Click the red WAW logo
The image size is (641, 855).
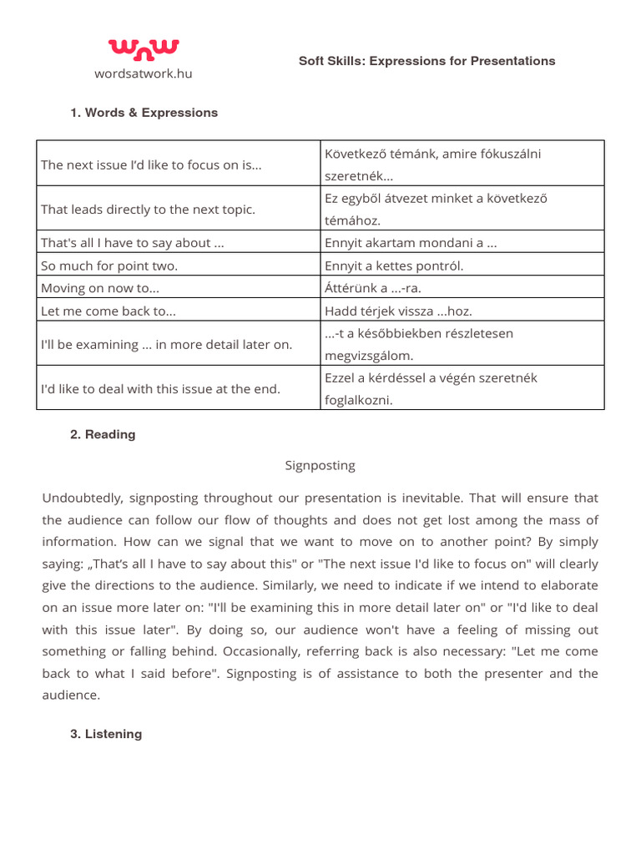pyautogui.click(x=143, y=50)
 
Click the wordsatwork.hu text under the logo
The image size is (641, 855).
pyautogui.click(x=143, y=73)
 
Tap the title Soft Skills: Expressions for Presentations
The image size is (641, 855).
pyautogui.click(x=426, y=61)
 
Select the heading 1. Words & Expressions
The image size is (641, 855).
pyautogui.click(x=144, y=113)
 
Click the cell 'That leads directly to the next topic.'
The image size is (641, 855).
pyautogui.click(x=149, y=209)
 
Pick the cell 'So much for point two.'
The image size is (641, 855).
pyautogui.click(x=109, y=266)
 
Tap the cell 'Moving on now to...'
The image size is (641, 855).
pyautogui.click(x=100, y=288)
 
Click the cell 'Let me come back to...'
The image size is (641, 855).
pyautogui.click(x=109, y=311)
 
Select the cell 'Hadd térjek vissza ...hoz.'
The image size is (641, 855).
pyautogui.click(x=398, y=311)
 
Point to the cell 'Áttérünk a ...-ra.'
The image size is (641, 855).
pyautogui.click(x=373, y=288)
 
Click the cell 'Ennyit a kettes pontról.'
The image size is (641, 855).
pyautogui.click(x=394, y=266)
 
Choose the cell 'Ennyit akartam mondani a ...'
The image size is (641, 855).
pyautogui.click(x=411, y=243)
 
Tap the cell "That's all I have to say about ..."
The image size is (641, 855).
pyautogui.click(x=132, y=243)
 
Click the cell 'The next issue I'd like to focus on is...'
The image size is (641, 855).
pyautogui.click(x=151, y=164)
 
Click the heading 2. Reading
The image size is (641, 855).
pyautogui.click(x=103, y=435)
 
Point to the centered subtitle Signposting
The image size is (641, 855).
pyautogui.click(x=320, y=465)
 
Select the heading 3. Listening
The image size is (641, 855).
pyautogui.click(x=106, y=734)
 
